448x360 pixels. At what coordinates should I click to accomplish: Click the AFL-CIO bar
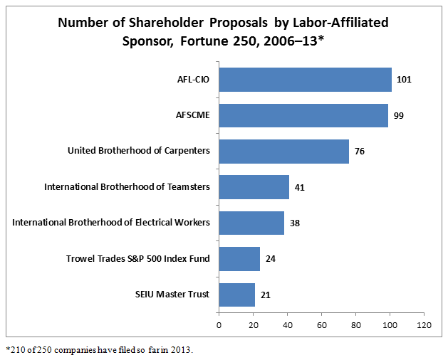click(305, 80)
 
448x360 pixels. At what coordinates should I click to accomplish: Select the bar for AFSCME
click(303, 115)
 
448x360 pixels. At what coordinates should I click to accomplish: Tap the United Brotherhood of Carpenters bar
click(283, 151)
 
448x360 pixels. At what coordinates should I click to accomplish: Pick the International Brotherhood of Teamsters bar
click(254, 187)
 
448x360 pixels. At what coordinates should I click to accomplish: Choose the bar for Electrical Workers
click(251, 223)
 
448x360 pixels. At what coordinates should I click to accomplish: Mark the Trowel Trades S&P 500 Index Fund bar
click(239, 258)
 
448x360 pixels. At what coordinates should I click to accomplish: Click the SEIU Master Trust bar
click(236, 294)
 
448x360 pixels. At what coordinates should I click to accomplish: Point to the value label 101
click(403, 80)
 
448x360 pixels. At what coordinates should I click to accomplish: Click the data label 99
click(399, 115)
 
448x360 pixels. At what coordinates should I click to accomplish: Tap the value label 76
click(360, 151)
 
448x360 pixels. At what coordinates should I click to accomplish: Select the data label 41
click(300, 187)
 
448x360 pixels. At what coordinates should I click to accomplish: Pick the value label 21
click(266, 294)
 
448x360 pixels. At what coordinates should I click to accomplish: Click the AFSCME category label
click(194, 115)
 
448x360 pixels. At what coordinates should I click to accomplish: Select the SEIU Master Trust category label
click(172, 294)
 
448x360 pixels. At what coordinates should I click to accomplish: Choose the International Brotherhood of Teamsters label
click(127, 187)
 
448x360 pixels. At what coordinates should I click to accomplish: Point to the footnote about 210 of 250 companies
click(100, 350)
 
